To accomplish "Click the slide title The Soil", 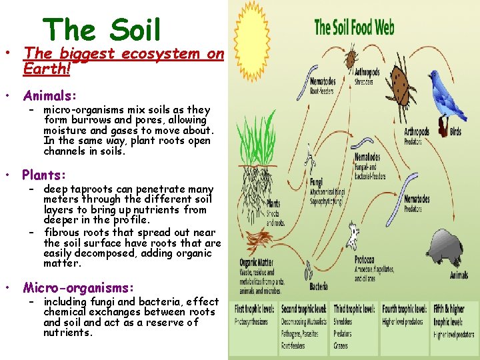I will (101, 30).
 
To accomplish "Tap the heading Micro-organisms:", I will (78, 288).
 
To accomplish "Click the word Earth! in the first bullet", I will (47, 68).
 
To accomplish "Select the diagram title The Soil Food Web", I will (354, 27).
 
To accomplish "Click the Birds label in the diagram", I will (455, 132).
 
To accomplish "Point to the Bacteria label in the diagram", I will (319, 287).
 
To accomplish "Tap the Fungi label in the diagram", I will (315, 182).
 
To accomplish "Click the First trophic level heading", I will (254, 309).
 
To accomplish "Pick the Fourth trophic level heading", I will (405, 309).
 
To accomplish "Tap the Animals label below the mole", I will (459, 275).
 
